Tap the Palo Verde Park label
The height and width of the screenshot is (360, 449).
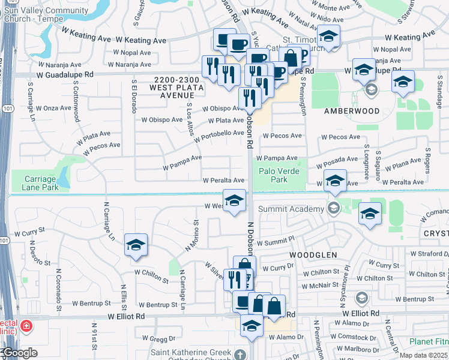coord(279,175)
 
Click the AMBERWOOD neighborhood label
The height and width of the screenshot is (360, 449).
coord(352,111)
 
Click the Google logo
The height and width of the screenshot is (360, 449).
coord(19,353)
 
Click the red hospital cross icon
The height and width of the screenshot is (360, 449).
coord(26,326)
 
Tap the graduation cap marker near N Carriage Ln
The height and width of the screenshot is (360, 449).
coord(136,245)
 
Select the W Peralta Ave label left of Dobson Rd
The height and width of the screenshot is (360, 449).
coord(223,180)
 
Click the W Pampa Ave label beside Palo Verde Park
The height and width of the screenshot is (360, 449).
coord(280,158)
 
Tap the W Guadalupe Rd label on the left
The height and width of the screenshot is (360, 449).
coord(65,75)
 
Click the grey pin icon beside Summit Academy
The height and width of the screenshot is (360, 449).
coord(334,208)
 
